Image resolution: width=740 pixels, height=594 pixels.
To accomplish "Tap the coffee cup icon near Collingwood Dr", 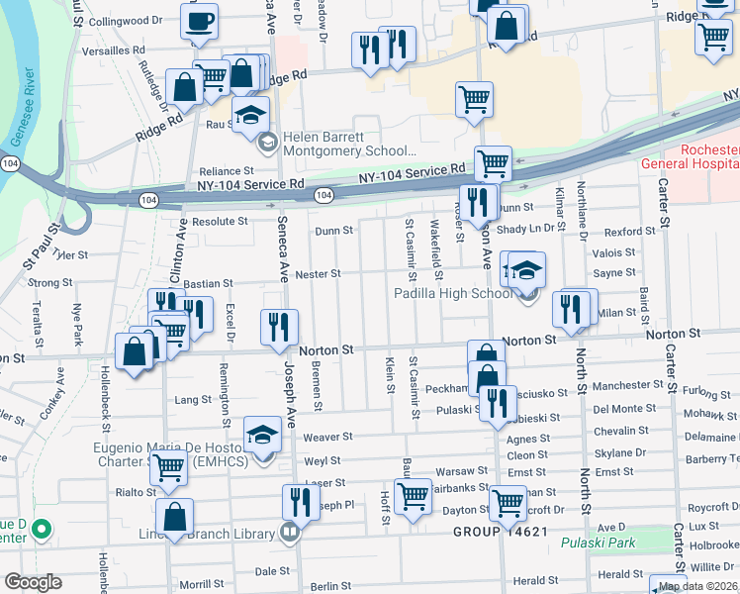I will pyautogui.click(x=199, y=21).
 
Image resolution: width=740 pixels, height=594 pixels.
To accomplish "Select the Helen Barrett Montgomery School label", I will pyautogui.click(x=349, y=144).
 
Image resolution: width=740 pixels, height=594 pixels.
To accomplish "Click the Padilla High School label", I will pyautogui.click(x=453, y=293).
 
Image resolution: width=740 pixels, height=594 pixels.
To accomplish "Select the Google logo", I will pyautogui.click(x=33, y=581).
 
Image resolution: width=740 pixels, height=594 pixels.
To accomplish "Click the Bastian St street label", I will pyautogui.click(x=209, y=283).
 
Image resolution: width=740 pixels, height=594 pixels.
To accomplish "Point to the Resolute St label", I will pyautogui.click(x=220, y=222).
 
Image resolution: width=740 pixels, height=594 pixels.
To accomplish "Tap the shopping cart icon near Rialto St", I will pyautogui.click(x=169, y=466).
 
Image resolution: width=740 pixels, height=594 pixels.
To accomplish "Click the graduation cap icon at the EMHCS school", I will pyautogui.click(x=262, y=436).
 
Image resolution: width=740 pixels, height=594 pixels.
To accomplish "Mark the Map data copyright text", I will pyautogui.click(x=698, y=586).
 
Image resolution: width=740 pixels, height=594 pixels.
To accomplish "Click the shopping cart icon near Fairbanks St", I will pyautogui.click(x=412, y=495).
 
